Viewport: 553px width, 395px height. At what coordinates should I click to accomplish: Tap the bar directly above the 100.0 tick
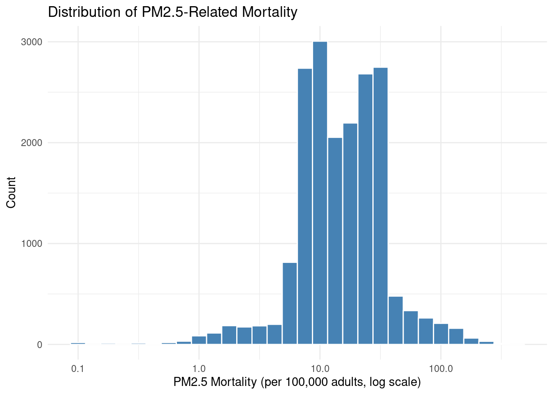pyautogui.click(x=441, y=334)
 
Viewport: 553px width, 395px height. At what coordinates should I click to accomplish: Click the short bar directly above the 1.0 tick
pyautogui.click(x=199, y=340)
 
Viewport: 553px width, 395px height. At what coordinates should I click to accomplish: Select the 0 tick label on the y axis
pyautogui.click(x=39, y=345)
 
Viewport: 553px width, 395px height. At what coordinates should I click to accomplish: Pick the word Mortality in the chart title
pyautogui.click(x=270, y=12)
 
